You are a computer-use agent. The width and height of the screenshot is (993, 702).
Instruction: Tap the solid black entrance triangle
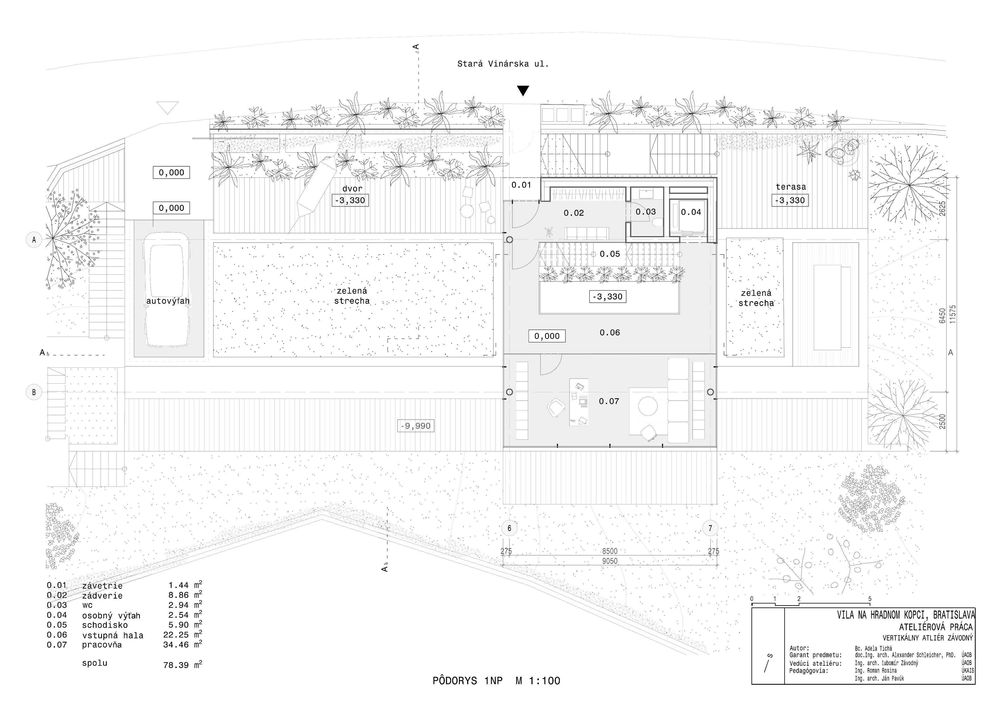(523, 90)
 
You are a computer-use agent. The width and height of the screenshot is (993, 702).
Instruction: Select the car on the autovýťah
(167, 290)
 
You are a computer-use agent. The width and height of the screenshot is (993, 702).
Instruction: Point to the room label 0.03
(645, 212)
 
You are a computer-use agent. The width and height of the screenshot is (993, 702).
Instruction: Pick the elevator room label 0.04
(691, 212)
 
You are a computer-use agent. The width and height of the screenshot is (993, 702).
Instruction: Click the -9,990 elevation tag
(415, 426)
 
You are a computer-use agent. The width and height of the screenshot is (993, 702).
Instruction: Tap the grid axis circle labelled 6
(509, 528)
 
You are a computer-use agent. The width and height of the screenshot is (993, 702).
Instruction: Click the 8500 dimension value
(610, 551)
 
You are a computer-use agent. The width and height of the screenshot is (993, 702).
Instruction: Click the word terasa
(791, 187)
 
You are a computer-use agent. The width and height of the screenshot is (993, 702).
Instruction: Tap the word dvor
(352, 189)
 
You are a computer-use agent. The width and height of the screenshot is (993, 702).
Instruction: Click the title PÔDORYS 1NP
(467, 681)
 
